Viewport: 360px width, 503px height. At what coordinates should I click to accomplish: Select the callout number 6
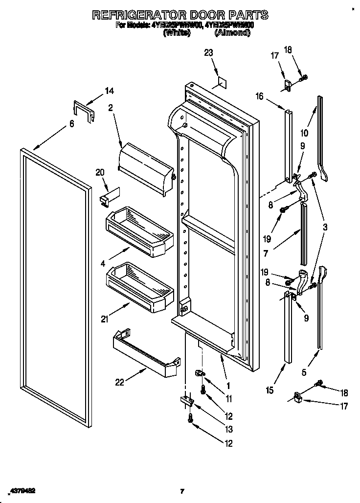[71, 124]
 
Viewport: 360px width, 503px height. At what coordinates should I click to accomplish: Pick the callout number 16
[259, 97]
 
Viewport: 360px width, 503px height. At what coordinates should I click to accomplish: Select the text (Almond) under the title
[232, 33]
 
